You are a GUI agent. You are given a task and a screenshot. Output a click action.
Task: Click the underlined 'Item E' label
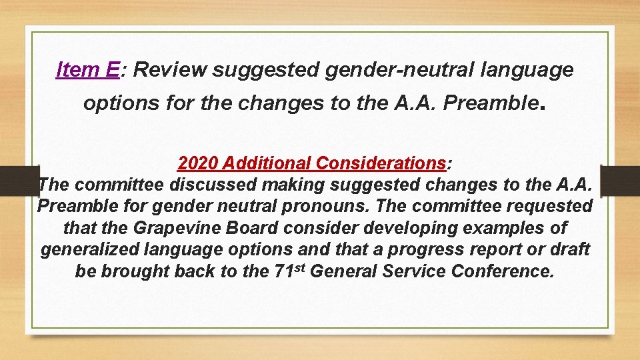click(88, 69)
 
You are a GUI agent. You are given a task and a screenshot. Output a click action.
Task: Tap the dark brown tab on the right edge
click(621, 180)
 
